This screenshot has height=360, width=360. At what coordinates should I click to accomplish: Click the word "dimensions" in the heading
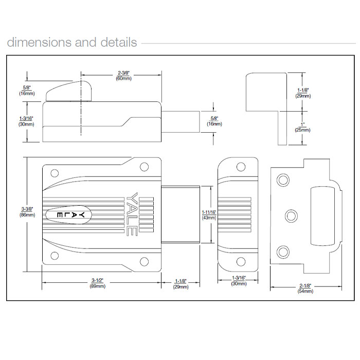39,42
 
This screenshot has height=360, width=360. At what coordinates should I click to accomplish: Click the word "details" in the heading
118,42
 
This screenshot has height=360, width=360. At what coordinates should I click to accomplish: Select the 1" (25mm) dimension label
303,127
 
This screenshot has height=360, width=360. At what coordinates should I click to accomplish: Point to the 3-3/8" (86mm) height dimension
27,211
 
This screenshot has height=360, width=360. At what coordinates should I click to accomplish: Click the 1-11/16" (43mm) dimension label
209,214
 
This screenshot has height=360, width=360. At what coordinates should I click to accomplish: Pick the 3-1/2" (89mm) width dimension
98,283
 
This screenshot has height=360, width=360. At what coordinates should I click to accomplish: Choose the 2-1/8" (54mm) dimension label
305,289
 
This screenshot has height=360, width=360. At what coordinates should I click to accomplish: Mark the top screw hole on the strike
240,168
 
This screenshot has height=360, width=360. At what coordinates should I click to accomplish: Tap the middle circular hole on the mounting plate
291,214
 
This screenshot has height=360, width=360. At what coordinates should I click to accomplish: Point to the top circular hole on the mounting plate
283,179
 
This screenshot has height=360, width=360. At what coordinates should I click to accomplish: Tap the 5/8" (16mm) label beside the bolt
213,121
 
